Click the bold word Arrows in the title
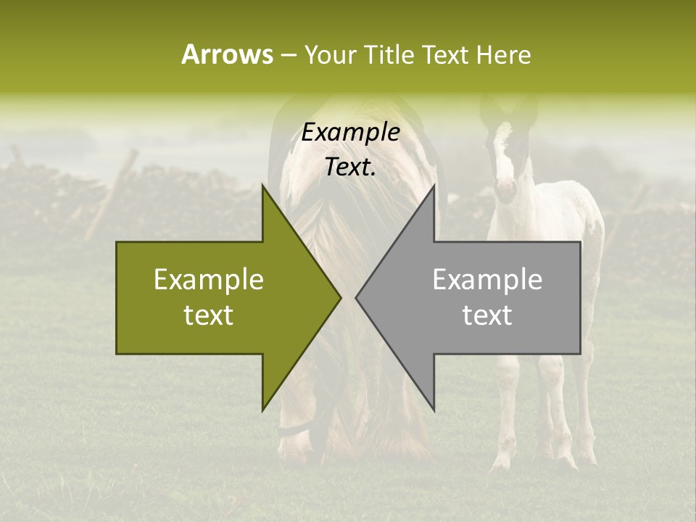[226, 54]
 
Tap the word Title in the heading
[389, 54]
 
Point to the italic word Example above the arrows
[351, 133]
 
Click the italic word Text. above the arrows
[351, 167]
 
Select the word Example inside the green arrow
[209, 280]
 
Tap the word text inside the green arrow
[209, 315]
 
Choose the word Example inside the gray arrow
[487, 280]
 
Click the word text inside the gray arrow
[487, 315]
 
